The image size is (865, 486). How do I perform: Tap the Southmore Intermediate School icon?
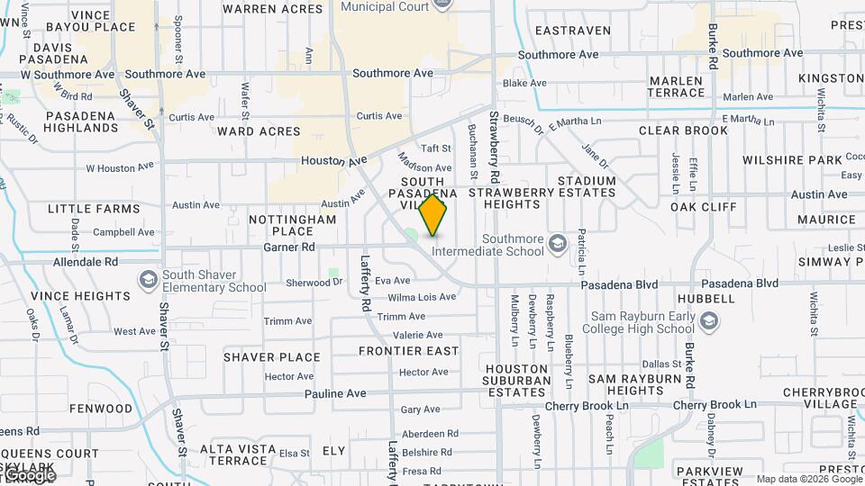559,244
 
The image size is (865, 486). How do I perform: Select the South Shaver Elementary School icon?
147,280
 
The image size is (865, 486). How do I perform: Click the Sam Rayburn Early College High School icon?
709,321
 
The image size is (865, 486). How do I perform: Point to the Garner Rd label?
288,247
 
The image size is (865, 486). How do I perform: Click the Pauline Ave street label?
334,393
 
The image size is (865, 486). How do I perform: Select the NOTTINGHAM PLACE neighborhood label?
292,225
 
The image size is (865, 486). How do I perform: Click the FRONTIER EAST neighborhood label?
408,351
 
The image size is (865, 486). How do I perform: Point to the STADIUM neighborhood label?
587,181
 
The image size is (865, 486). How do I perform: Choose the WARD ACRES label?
259,131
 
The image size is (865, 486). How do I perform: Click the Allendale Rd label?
86,262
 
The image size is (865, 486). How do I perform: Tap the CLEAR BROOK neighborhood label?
683,130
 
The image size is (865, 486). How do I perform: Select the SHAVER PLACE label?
271,357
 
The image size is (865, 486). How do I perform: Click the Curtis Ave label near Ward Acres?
379,116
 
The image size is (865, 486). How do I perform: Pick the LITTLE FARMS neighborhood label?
94,209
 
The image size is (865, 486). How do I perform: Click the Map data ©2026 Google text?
808,479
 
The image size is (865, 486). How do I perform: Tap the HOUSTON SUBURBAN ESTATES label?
516,380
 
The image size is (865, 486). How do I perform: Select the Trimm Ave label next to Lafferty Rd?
401,317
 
